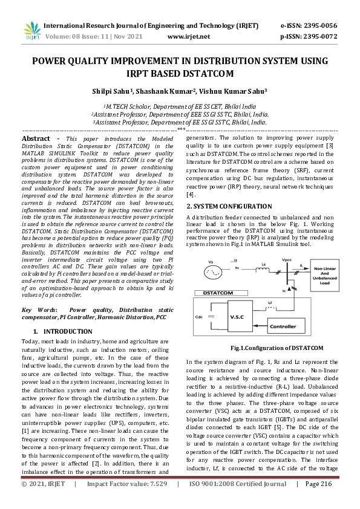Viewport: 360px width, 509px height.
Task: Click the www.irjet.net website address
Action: [188, 37]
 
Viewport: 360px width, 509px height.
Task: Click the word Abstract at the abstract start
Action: [36, 138]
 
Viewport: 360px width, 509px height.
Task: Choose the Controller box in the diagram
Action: [283, 326]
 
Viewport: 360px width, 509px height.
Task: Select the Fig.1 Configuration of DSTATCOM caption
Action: [261, 348]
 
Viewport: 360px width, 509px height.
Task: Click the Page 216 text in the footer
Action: [318, 501]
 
